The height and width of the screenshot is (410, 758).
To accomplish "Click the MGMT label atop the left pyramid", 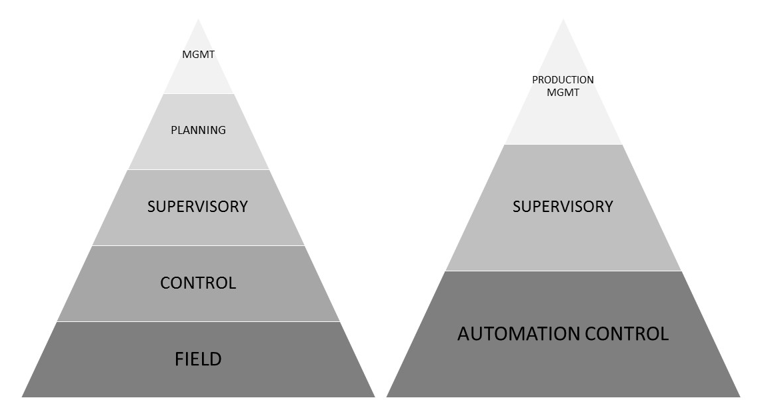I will (199, 55).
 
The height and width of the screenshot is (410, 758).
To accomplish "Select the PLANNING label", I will (199, 130).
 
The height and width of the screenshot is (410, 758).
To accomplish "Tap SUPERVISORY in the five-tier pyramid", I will (197, 207).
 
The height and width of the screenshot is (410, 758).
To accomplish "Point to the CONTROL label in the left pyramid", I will (198, 283).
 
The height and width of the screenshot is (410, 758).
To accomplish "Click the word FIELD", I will (198, 359).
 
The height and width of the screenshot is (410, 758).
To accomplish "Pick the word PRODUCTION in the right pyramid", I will (563, 80).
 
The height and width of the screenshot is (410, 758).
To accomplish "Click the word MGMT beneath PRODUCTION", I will (563, 93).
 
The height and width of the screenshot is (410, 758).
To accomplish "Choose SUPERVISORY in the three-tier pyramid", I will (563, 207).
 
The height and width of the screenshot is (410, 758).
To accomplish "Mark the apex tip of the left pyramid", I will (199, 19).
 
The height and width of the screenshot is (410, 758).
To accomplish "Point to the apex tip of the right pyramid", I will (563, 19).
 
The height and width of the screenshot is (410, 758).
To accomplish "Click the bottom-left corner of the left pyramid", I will (23, 397).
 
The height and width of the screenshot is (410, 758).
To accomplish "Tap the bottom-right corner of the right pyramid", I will (739, 397).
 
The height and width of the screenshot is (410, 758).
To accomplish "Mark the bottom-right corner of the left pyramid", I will (375, 397).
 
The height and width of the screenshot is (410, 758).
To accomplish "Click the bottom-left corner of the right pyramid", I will (387, 397).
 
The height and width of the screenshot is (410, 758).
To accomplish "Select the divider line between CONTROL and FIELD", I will (198, 321).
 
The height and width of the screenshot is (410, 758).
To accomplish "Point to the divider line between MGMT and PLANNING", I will (199, 94).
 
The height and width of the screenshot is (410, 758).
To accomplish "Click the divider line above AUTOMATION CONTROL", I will (563, 271).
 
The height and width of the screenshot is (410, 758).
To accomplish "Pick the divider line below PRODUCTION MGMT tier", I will (563, 144).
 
